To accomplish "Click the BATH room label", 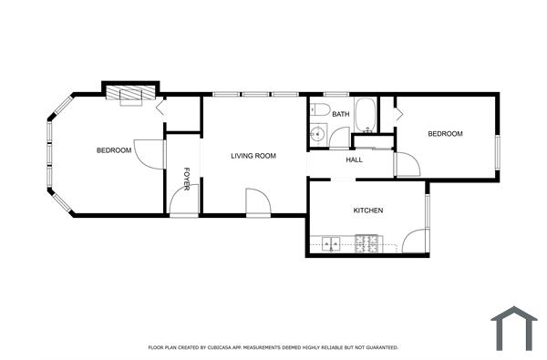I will pyautogui.click(x=341, y=114).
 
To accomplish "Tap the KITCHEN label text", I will pyautogui.click(x=368, y=211).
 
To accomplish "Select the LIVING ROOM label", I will pyautogui.click(x=253, y=156).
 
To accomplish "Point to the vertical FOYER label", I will pyautogui.click(x=187, y=179).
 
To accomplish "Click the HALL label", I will pyautogui.click(x=354, y=159).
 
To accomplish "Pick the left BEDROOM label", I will pyautogui.click(x=114, y=149).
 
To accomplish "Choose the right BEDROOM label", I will pyautogui.click(x=445, y=134).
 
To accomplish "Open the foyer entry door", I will pyautogui.click(x=183, y=203).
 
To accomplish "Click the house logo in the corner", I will pyautogui.click(x=513, y=327).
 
